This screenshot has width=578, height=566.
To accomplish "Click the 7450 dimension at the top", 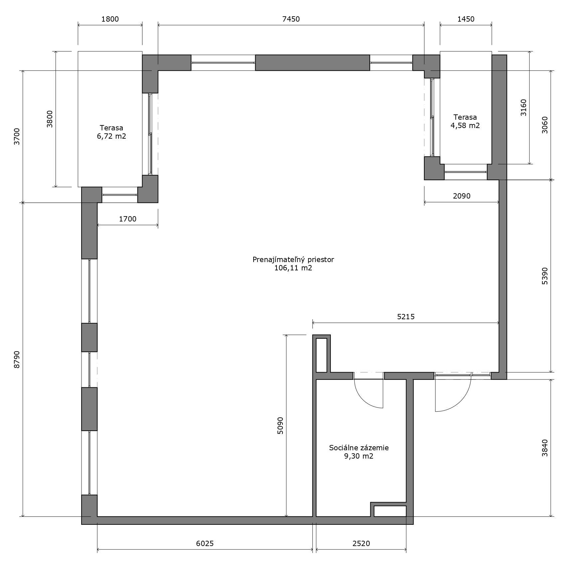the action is tap(291, 19).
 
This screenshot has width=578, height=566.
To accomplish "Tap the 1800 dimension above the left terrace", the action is tap(110, 19).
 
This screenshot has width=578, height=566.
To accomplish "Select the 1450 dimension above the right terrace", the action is tap(466, 19).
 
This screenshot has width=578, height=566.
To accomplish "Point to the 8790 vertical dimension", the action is tap(17, 359).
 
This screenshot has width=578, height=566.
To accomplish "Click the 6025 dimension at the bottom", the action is tap(205, 543).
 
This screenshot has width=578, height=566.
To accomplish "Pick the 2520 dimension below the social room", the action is tap(361, 543).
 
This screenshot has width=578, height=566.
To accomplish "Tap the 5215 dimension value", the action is tap(406, 317).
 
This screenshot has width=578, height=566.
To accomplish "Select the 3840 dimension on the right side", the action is tap(544, 448).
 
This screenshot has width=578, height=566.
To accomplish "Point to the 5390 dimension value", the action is tap(544, 276).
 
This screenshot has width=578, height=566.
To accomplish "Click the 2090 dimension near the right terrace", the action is tap(462, 196).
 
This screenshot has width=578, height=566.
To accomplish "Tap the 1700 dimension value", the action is tap(127, 219).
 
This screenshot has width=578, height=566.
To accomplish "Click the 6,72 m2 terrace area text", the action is tap(111, 136).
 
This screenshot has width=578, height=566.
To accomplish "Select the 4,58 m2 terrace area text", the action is tap(465, 125).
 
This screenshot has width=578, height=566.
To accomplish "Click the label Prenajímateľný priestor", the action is tap(293, 259).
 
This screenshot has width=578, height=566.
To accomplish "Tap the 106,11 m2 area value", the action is tap(293, 268).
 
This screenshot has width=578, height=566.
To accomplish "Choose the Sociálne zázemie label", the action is tap(359, 448).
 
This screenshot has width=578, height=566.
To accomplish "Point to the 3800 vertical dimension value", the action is tap(50, 119).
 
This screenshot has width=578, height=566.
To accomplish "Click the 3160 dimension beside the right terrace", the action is tap(523, 107).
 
